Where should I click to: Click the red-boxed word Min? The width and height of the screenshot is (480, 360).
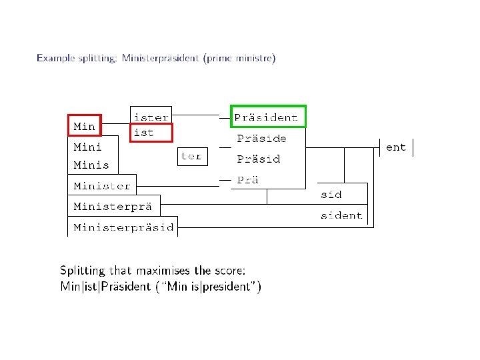pos(84,125)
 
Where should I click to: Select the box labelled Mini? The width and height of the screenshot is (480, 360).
pos(87,145)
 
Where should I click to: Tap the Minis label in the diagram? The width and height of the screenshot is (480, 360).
pos(91,165)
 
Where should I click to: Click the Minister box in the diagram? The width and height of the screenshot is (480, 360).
pos(102,185)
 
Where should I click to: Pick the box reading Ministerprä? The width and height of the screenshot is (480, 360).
pos(113,206)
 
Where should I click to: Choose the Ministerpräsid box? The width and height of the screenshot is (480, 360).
pos(123,227)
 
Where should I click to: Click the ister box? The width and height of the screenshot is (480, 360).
pos(151,116)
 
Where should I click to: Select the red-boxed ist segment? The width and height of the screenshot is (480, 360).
pos(145,132)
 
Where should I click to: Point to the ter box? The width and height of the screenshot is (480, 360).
pos(191,157)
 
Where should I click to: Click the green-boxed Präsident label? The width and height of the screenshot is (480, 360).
pos(266,117)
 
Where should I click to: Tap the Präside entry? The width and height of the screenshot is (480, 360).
pos(262,138)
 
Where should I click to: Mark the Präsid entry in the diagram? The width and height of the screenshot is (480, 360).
pos(259,159)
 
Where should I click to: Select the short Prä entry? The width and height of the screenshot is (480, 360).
pos(247,179)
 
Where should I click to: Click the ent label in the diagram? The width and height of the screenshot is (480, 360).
pos(396,147)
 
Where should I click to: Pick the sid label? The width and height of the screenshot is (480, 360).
pos(331,195)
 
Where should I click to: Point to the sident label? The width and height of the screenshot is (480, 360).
pos(341,215)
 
